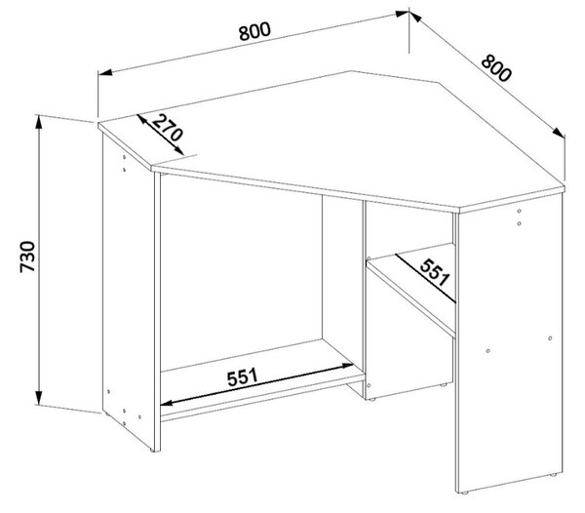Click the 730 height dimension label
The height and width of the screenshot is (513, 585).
coord(27,257)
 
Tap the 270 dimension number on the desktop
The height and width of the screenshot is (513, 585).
coord(168,128)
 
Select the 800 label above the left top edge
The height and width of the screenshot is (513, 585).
coord(254,31)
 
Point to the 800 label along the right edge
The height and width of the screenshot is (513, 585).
coord(495,68)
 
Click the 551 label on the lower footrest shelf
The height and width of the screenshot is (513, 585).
coord(243,377)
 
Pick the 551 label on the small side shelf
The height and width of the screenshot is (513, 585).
coord(434,272)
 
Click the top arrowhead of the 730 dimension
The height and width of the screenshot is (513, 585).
coord(39,122)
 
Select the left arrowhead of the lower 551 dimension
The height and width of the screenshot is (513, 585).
coord(167,403)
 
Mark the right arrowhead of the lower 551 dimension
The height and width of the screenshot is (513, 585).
coord(347,366)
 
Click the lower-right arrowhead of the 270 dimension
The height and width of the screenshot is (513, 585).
coord(179,150)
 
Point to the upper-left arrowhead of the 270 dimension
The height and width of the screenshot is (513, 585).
coord(142,119)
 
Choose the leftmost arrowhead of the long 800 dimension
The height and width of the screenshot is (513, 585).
coord(105,72)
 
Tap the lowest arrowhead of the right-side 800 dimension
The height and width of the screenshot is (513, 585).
coord(559,133)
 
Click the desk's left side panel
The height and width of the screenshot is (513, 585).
coord(128,291)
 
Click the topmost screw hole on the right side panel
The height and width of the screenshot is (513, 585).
coord(519,212)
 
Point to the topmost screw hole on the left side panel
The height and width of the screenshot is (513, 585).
coord(124,157)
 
